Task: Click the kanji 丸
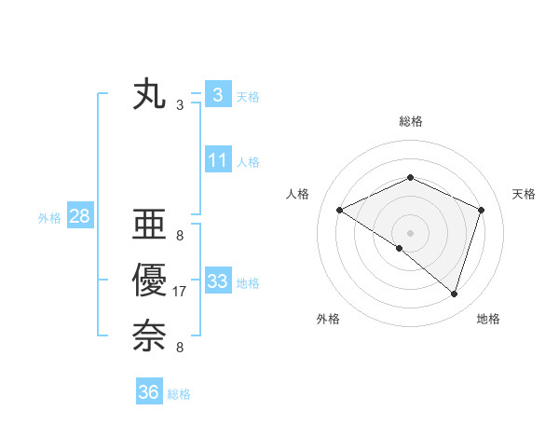click(x=149, y=96)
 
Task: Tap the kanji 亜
click(x=149, y=227)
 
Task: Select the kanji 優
click(x=149, y=281)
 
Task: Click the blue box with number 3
click(x=217, y=95)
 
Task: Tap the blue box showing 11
click(x=218, y=160)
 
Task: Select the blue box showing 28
click(x=79, y=217)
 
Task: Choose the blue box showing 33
click(x=218, y=281)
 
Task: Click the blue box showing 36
click(x=149, y=392)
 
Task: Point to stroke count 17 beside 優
click(x=180, y=293)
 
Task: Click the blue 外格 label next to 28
click(x=49, y=218)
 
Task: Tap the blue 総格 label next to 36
click(x=179, y=393)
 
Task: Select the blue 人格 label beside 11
click(x=248, y=161)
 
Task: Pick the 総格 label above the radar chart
click(x=410, y=121)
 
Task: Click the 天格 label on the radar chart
click(x=525, y=194)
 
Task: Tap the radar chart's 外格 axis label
click(x=328, y=319)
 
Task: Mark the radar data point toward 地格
click(x=455, y=294)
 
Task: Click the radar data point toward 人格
click(x=340, y=210)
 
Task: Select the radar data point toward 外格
click(x=400, y=248)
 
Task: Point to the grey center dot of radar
click(x=410, y=232)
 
